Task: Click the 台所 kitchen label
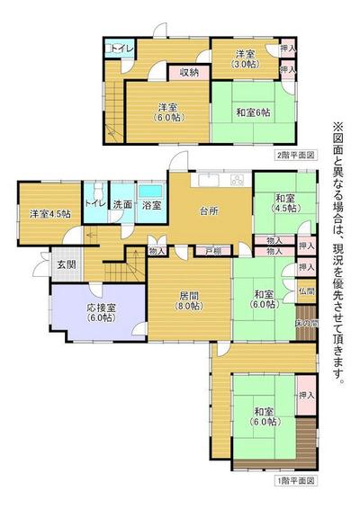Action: [208, 212]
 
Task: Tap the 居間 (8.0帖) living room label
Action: [189, 299]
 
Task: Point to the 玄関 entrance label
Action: [66, 264]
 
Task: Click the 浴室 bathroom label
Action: [151, 206]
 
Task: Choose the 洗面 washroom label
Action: [122, 205]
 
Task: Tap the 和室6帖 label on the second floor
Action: [256, 113]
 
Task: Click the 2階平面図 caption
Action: [295, 155]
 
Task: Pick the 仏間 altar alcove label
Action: [307, 292]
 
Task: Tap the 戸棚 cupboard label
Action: [212, 250]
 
